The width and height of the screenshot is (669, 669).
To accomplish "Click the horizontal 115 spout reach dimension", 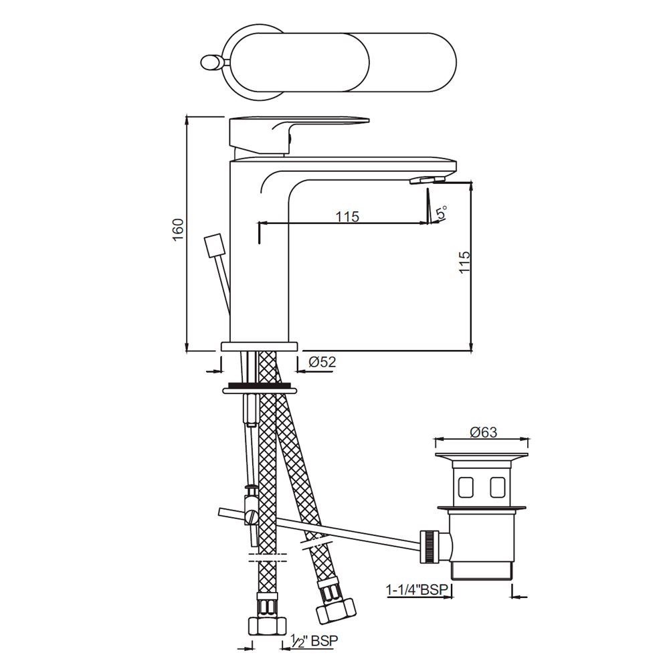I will (x=347, y=216).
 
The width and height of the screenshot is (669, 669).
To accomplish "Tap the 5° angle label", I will (x=442, y=213).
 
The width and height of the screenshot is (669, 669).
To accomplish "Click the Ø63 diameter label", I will (x=483, y=432).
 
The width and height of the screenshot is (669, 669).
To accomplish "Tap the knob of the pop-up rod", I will (x=213, y=245).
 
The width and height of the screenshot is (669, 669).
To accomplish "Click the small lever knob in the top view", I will (x=209, y=63).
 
